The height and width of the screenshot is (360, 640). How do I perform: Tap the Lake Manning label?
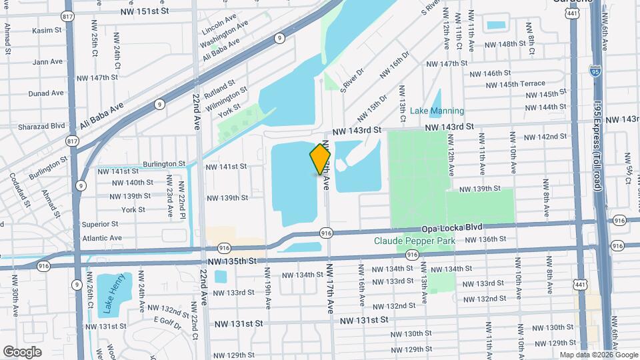[x=437, y=111]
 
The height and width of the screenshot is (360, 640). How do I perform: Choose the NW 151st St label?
[x=145, y=11]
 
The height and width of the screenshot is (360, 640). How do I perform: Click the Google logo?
[x=22, y=351]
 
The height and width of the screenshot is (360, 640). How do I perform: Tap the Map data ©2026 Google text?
[x=598, y=355]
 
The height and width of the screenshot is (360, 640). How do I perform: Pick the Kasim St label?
[x=47, y=30]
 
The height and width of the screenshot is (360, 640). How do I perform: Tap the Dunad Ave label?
[x=47, y=94]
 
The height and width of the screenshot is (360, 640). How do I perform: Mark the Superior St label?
[x=100, y=224]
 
